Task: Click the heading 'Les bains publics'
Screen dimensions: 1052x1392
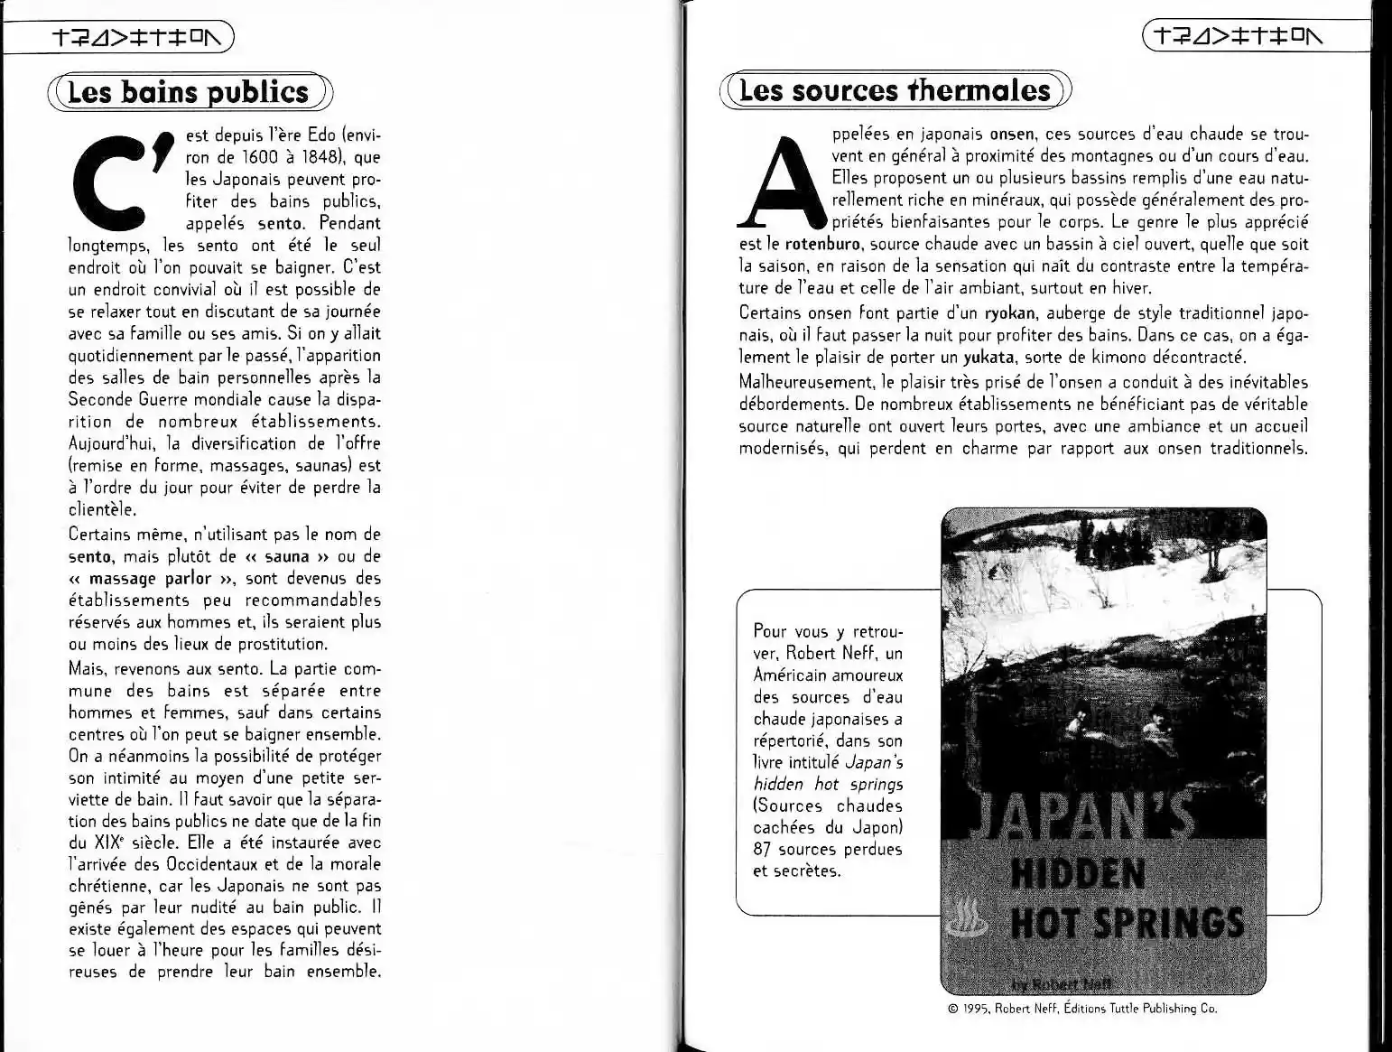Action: point(189,92)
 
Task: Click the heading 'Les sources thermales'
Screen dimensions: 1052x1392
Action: point(895,90)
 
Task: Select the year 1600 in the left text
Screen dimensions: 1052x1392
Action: point(262,157)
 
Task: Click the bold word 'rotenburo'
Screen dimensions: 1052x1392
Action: point(822,244)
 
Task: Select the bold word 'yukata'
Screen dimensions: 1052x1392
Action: point(988,357)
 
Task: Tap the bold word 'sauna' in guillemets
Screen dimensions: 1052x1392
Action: point(286,557)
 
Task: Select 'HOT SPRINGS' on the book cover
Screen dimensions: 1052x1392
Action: point(1126,922)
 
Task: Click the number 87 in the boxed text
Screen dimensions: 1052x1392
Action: point(763,850)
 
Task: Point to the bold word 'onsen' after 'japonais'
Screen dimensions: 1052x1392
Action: point(1011,135)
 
